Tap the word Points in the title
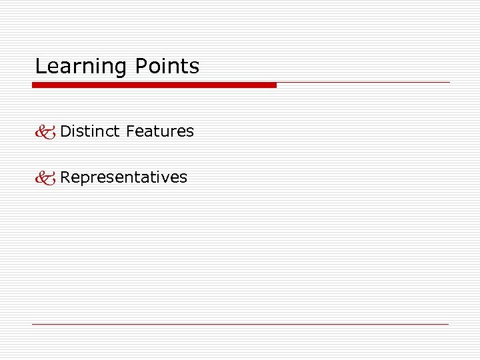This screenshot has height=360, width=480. (167, 66)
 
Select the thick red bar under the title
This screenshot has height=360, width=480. (154, 85)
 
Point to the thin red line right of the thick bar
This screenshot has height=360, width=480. (363, 83)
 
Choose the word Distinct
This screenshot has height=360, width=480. (89, 131)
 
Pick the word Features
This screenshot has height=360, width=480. (159, 131)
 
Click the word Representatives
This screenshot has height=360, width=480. (124, 177)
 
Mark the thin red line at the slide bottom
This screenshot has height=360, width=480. (240, 324)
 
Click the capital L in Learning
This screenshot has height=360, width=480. (39, 66)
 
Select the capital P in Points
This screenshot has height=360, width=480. (141, 66)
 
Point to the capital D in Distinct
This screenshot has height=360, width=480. (65, 131)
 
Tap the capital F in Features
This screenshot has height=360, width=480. (130, 131)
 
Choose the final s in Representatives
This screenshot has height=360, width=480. (183, 178)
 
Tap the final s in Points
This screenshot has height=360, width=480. (195, 67)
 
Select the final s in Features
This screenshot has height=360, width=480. (190, 132)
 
